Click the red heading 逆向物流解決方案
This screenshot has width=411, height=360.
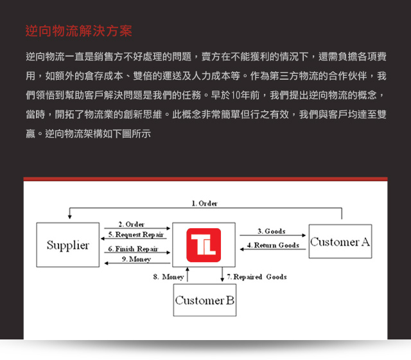[78, 31]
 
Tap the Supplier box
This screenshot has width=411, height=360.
[68, 245]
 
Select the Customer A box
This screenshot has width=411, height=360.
[340, 241]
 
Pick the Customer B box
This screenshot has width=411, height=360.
[205, 300]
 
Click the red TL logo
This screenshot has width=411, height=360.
[204, 245]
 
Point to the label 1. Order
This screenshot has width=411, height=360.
[204, 203]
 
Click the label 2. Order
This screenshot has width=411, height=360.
[131, 224]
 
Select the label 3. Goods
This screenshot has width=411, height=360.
[272, 231]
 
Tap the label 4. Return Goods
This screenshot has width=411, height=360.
[273, 245]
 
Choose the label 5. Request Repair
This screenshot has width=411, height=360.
[136, 234]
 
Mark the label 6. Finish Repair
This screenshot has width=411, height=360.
[133, 249]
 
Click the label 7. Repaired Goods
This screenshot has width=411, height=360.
[257, 277]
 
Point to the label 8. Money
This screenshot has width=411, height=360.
[168, 277]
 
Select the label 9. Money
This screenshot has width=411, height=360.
[136, 259]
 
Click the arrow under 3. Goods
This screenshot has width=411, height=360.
[272, 235]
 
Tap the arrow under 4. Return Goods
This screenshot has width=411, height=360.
[273, 249]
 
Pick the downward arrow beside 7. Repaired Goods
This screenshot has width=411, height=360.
[222, 274]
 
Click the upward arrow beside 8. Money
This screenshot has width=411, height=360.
[188, 274]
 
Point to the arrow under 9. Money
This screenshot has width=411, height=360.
[137, 263]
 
